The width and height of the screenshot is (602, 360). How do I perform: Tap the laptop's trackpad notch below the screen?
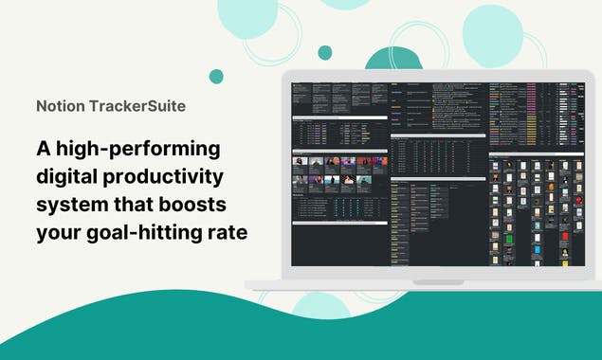tap(437, 281)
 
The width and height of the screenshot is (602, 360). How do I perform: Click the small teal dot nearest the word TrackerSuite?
tap(216, 77)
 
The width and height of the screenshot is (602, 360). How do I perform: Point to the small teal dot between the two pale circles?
tap(325, 52)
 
